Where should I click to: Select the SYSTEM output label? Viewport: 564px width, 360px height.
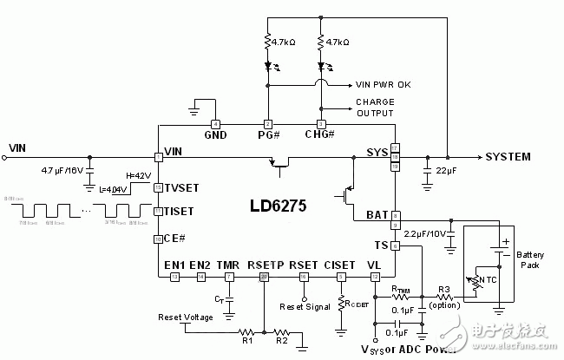(515, 157)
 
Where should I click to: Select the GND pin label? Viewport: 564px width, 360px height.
(215, 135)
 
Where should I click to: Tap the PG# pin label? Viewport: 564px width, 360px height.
(269, 135)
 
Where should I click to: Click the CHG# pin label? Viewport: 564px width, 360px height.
(322, 135)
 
